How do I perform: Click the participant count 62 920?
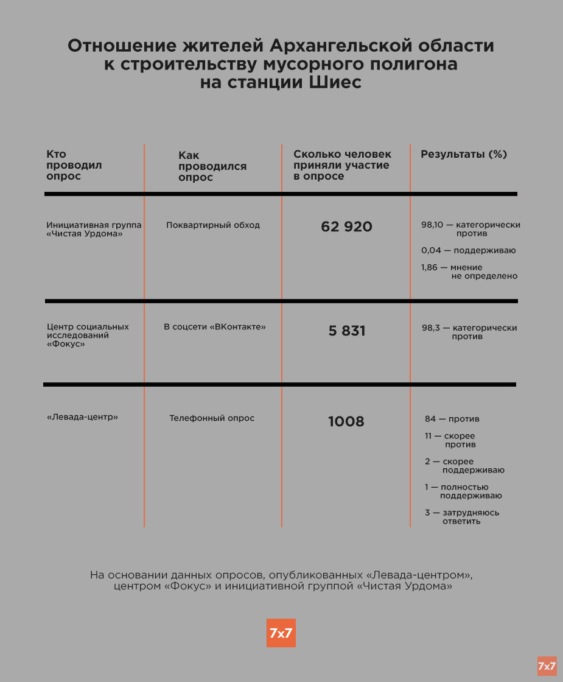(346, 227)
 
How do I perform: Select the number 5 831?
(347, 331)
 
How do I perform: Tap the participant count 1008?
(346, 421)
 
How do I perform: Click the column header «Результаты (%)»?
(464, 155)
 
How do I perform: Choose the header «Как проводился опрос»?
(212, 166)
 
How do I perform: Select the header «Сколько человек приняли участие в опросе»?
(342, 165)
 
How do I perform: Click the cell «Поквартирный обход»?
(213, 225)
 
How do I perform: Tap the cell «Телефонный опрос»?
(212, 418)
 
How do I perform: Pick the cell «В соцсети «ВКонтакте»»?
(215, 327)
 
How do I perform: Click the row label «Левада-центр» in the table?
(82, 417)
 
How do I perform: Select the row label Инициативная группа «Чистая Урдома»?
(94, 230)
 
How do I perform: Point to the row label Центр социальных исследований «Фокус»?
(88, 335)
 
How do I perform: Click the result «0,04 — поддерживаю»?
(468, 250)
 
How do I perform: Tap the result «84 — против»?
(452, 419)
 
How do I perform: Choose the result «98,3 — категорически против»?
(469, 332)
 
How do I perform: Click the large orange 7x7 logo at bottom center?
(281, 633)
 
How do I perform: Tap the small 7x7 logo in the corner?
(547, 666)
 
